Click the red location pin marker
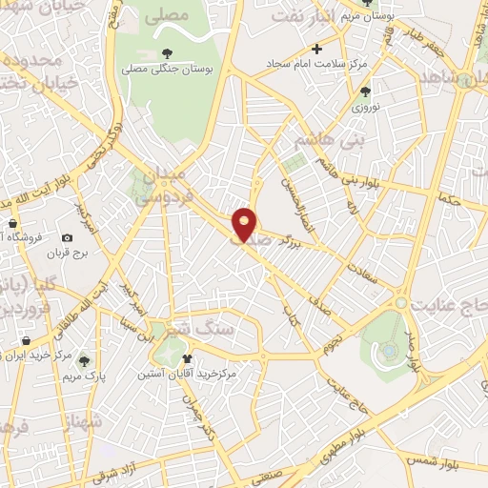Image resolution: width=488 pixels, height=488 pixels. pos(246,224)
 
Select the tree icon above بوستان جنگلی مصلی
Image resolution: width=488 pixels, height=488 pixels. pos(168,52)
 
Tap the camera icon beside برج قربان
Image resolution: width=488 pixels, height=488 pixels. pos(67,237)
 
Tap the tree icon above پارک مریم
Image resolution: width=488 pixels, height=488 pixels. pos(84,359)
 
